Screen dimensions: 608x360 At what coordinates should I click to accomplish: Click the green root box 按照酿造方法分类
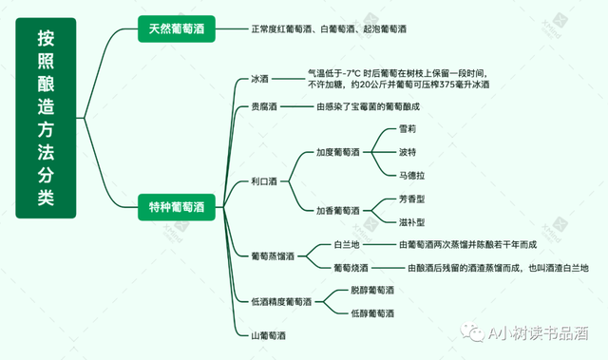pyautogui.click(x=45, y=119)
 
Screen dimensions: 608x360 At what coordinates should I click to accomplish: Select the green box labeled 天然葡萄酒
pyautogui.click(x=177, y=28)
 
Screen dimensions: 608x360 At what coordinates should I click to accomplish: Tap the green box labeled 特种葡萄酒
pyautogui.click(x=177, y=205)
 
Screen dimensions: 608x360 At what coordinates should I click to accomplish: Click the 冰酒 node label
pyautogui.click(x=259, y=79)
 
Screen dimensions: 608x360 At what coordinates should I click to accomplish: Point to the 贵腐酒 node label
pyautogui.click(x=263, y=107)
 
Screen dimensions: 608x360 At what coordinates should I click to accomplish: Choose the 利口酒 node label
pyautogui.click(x=263, y=181)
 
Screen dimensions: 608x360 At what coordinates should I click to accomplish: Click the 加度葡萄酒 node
pyautogui.click(x=338, y=152)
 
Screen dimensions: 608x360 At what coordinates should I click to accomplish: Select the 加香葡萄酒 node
pyautogui.click(x=338, y=210)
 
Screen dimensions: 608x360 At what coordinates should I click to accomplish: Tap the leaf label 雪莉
pyautogui.click(x=408, y=129)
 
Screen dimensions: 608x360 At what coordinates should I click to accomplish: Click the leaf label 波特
pyautogui.click(x=408, y=152)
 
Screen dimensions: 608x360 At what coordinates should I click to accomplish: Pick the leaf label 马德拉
pyautogui.click(x=411, y=174)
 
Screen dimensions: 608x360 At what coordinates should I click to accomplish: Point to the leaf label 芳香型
pyautogui.click(x=411, y=200)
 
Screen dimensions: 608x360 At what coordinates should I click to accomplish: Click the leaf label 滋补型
pyautogui.click(x=411, y=222)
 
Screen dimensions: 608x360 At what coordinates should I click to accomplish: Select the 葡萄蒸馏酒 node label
pyautogui.click(x=272, y=256)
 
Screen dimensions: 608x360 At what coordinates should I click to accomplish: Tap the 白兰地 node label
pyautogui.click(x=345, y=244)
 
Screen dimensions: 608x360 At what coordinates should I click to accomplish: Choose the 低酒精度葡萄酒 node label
pyautogui.click(x=279, y=301)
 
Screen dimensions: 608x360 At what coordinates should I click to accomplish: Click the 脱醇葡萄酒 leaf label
pyautogui.click(x=371, y=290)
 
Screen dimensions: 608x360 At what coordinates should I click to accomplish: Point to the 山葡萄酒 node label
pyautogui.click(x=268, y=335)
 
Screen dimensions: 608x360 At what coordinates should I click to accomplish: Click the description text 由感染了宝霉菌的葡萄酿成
pyautogui.click(x=374, y=107)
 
